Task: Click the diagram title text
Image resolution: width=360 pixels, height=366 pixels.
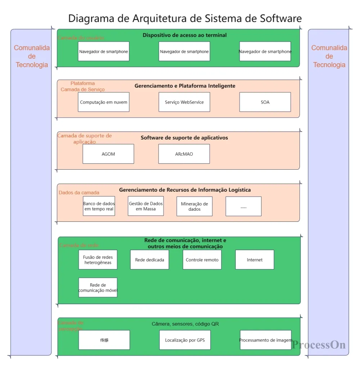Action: click(x=185, y=18)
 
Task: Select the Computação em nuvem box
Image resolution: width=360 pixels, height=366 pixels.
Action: click(x=104, y=102)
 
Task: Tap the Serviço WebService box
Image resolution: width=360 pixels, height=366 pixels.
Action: click(x=184, y=102)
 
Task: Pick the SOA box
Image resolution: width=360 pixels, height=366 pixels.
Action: click(x=265, y=102)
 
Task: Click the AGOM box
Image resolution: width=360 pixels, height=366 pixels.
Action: click(x=108, y=154)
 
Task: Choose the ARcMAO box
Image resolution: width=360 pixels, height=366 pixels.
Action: click(x=184, y=154)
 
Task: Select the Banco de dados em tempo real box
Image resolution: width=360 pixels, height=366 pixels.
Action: click(x=99, y=206)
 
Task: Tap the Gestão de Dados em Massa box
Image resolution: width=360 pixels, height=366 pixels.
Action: click(x=146, y=206)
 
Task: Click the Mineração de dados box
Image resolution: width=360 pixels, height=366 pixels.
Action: click(x=194, y=206)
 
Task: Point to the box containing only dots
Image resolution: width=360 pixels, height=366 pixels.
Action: click(x=243, y=206)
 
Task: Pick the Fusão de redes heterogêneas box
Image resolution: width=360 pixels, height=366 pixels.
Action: click(x=98, y=260)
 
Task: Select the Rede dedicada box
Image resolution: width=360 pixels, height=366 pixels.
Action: click(x=150, y=260)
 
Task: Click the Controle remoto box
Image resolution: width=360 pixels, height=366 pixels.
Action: click(x=202, y=260)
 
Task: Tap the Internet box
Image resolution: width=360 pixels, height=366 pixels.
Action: click(x=255, y=260)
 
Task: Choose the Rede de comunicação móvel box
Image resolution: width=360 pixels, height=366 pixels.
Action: click(x=98, y=287)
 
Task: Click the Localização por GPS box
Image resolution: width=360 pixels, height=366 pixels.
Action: click(x=185, y=340)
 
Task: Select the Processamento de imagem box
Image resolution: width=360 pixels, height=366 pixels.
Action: click(x=265, y=340)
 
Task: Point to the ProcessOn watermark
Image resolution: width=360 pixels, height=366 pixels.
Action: click(x=319, y=345)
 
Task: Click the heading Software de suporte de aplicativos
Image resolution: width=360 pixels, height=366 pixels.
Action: click(x=184, y=138)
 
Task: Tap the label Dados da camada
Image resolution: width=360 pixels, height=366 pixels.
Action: click(x=79, y=193)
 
